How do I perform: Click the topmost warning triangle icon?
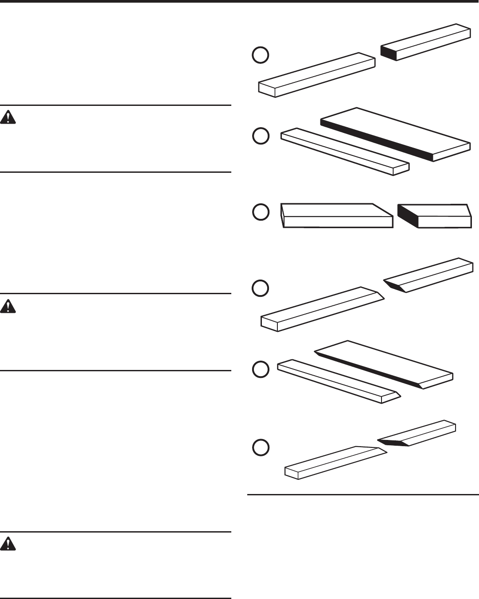(8, 117)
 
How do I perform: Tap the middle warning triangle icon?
(8, 307)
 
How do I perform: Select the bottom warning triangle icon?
(8, 544)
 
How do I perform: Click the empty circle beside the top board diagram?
(261, 55)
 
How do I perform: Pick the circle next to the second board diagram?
(261, 136)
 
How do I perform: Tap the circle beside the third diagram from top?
(261, 212)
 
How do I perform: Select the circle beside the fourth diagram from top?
(261, 288)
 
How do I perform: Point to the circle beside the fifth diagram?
(261, 369)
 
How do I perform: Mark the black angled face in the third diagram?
(407, 215)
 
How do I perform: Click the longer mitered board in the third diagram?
(337, 216)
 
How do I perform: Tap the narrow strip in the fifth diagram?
(337, 381)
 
